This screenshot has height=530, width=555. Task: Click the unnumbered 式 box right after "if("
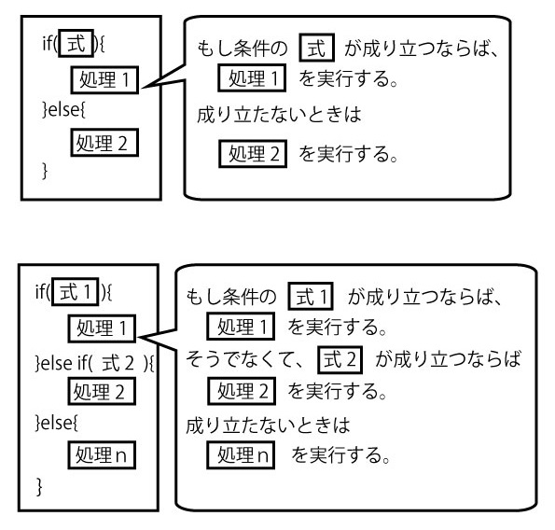76,44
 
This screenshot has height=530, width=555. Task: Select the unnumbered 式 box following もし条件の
316,48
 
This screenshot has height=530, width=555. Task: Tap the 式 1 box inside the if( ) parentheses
75,292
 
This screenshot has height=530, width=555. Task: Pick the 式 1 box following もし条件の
311,296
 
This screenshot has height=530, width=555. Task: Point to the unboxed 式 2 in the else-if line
118,363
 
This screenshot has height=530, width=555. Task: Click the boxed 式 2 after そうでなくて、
340,359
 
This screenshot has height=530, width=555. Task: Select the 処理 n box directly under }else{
102,455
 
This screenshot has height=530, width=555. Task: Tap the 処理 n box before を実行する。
241,455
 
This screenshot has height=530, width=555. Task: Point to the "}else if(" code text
64,363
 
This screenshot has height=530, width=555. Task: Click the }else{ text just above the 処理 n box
57,423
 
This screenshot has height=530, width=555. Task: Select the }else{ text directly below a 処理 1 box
63,109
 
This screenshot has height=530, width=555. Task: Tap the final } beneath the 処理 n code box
39,486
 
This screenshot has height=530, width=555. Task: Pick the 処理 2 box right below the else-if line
102,391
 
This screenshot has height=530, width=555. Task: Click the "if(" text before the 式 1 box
43,292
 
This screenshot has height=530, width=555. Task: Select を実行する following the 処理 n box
337,455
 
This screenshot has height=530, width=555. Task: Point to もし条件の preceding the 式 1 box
231,297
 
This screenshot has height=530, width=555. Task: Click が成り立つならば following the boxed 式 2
448,359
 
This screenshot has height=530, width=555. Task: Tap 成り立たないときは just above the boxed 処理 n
268,425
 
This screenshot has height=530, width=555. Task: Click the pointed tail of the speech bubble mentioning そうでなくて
138,338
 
